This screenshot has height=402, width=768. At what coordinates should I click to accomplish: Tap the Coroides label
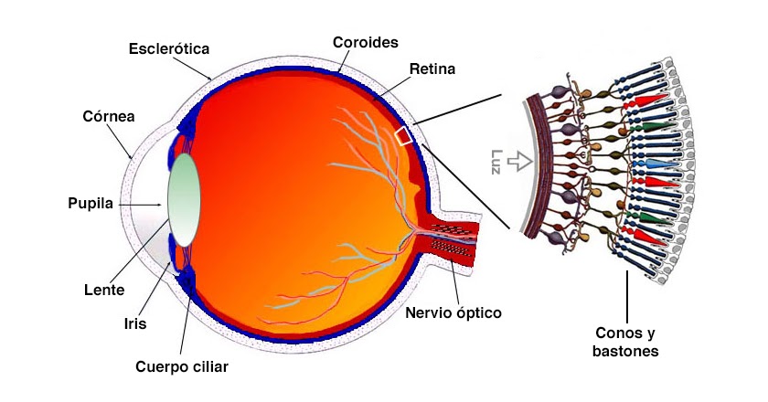tap(364, 42)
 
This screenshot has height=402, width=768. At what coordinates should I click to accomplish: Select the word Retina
tap(433, 69)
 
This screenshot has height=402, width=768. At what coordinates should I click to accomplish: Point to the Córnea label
tap(109, 117)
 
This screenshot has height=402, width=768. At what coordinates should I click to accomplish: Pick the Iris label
tap(134, 323)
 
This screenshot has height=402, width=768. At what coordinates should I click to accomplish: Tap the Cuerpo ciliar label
tap(181, 366)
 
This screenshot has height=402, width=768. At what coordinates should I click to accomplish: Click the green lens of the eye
tap(184, 199)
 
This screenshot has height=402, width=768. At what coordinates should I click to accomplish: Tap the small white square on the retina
tap(403, 136)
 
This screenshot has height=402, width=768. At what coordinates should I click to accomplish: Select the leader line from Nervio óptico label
tap(453, 283)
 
